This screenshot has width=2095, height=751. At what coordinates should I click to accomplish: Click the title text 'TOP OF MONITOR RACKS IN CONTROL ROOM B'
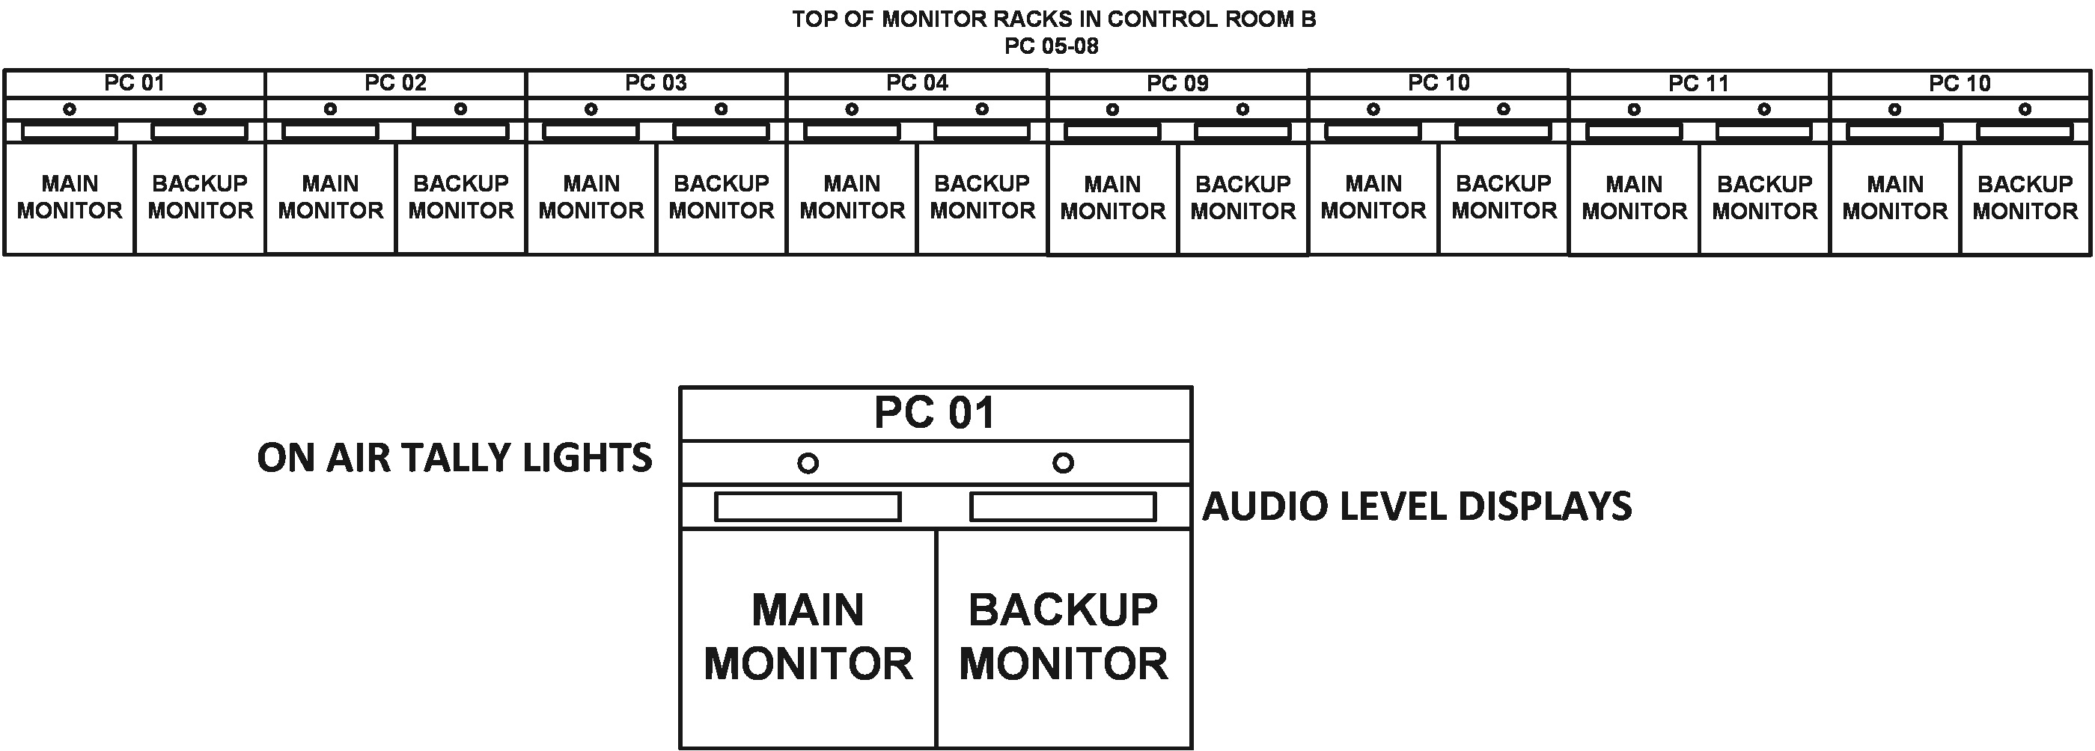click(x=1054, y=19)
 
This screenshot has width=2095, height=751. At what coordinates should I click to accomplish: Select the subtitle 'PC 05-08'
click(x=1052, y=46)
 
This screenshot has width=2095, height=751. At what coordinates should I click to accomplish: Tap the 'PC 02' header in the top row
click(x=395, y=83)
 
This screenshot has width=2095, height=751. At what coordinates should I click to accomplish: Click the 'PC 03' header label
click(x=656, y=83)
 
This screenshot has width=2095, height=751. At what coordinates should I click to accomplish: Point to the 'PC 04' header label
click(x=917, y=83)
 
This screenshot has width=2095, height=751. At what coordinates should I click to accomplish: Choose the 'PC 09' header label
click(x=1177, y=84)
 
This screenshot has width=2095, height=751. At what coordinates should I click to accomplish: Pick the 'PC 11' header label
click(x=1699, y=84)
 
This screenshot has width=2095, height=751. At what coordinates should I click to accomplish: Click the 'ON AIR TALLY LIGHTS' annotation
click(x=454, y=459)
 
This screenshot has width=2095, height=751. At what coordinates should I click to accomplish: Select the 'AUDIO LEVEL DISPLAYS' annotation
click(x=1417, y=506)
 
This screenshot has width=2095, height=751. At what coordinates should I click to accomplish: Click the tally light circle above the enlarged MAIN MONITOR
click(x=808, y=463)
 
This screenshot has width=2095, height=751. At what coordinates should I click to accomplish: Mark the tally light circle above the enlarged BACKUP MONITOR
click(x=1063, y=463)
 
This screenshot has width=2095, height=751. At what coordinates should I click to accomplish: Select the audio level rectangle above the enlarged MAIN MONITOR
click(x=808, y=507)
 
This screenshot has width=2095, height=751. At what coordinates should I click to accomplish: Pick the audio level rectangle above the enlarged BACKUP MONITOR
click(x=1063, y=507)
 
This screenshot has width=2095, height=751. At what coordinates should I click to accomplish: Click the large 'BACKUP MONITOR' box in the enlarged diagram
click(x=1064, y=638)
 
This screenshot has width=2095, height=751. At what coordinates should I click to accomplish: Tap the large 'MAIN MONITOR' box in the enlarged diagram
click(x=808, y=638)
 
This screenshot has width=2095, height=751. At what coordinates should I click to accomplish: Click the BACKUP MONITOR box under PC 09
click(x=1242, y=198)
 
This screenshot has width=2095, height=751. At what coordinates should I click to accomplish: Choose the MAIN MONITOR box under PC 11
click(x=1634, y=198)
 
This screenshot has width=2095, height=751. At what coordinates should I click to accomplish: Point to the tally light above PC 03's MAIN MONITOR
click(x=591, y=109)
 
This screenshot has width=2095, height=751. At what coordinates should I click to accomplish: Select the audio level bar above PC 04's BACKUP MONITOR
click(x=981, y=131)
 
